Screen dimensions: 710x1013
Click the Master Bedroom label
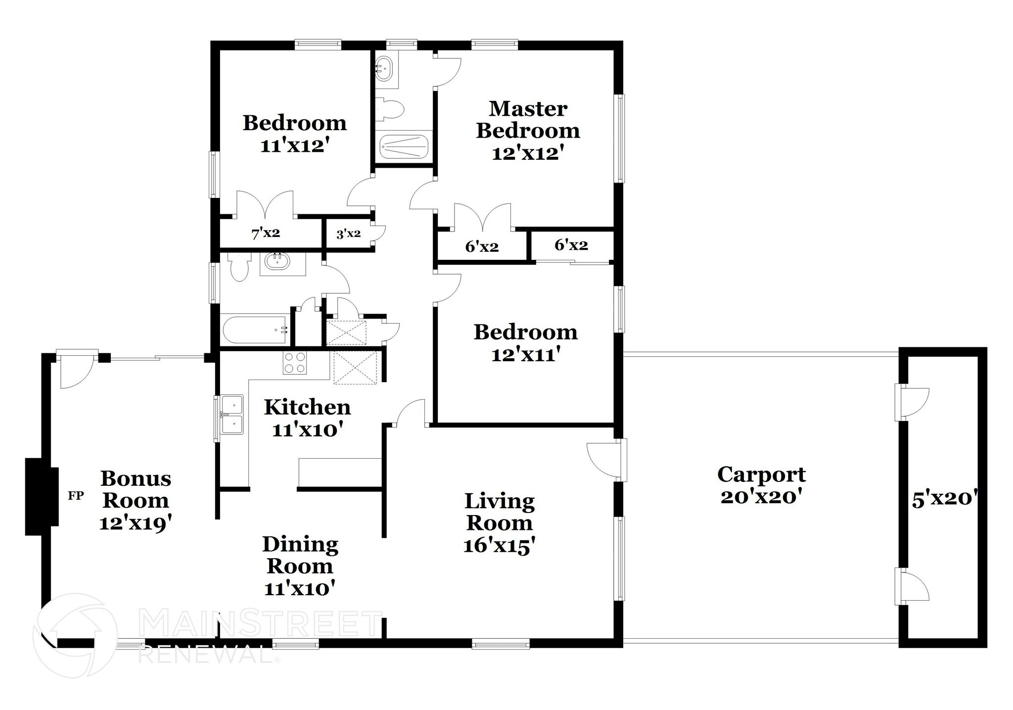pyautogui.click(x=528, y=120)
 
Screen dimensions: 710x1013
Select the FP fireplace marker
pyautogui.click(x=76, y=495)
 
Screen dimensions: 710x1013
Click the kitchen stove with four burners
pyautogui.click(x=295, y=363)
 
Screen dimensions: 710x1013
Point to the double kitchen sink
pyautogui.click(x=231, y=414)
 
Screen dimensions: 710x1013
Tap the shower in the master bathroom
pyautogui.click(x=403, y=146)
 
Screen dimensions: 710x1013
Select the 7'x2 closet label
pyautogui.click(x=266, y=233)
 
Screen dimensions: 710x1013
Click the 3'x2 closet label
pyautogui.click(x=348, y=234)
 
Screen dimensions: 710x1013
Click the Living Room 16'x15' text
pyautogui.click(x=500, y=546)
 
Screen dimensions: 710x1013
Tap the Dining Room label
pyautogui.click(x=300, y=555)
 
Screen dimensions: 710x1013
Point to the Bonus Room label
pyautogui.click(x=136, y=489)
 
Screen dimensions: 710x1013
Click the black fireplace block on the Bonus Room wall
pyautogui.click(x=42, y=496)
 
